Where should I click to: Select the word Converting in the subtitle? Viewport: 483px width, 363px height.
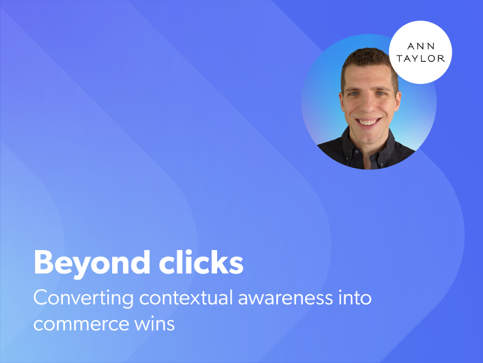[x=80, y=298]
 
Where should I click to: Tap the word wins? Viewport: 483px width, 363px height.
[x=154, y=324]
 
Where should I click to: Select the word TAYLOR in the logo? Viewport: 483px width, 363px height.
[x=421, y=59]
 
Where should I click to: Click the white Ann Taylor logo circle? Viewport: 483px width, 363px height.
[x=421, y=52]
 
